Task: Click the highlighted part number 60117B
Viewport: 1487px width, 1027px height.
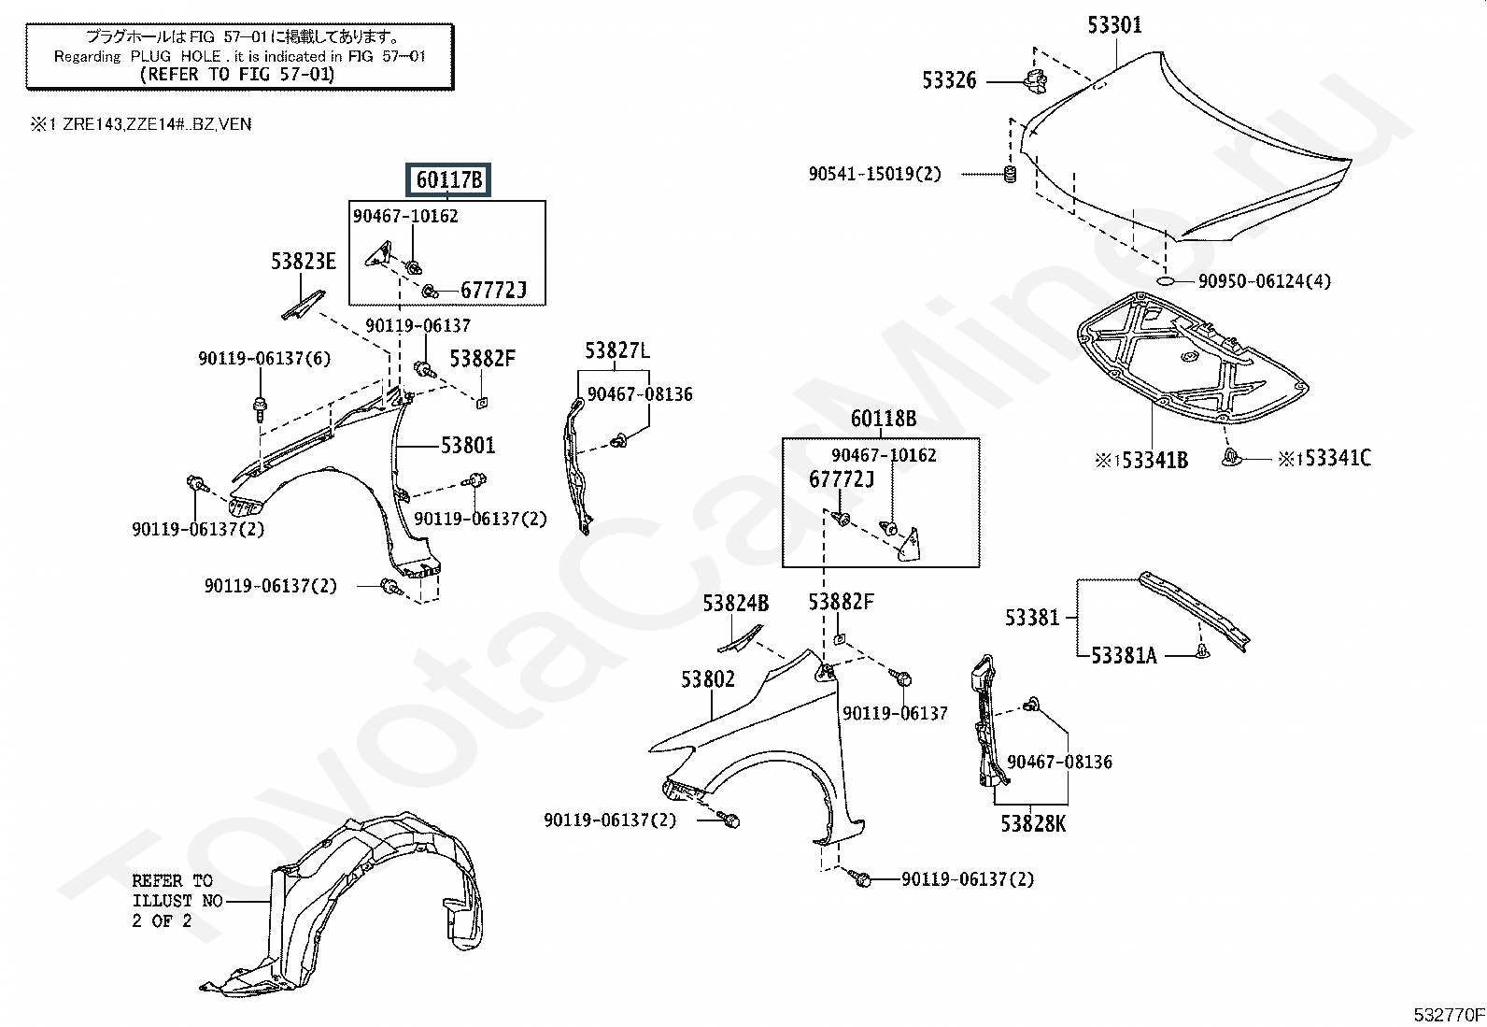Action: click(x=448, y=180)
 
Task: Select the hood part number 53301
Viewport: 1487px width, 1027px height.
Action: click(x=1114, y=25)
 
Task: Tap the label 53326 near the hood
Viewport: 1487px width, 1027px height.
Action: click(x=949, y=80)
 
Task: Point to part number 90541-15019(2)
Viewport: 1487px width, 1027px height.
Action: click(x=875, y=174)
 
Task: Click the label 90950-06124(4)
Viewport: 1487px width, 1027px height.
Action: click(x=1265, y=281)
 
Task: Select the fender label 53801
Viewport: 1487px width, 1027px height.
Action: click(x=469, y=445)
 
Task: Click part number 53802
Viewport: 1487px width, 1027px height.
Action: click(x=708, y=679)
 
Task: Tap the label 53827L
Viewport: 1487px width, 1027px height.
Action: click(x=617, y=350)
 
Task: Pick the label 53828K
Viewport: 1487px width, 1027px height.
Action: click(x=1033, y=823)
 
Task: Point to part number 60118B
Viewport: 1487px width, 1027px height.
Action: click(x=884, y=419)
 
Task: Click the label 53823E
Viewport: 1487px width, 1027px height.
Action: click(x=304, y=262)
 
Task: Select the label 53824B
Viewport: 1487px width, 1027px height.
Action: click(x=735, y=603)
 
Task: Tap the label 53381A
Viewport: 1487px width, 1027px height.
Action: click(x=1124, y=656)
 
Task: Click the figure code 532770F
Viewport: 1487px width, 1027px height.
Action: click(x=1449, y=1015)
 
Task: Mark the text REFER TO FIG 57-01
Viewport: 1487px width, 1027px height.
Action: click(x=237, y=74)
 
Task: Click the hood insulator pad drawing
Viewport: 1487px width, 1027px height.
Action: click(x=1192, y=359)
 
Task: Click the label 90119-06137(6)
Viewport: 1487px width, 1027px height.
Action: click(x=264, y=359)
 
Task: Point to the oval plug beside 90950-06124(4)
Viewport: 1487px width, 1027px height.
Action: click(x=1167, y=281)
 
